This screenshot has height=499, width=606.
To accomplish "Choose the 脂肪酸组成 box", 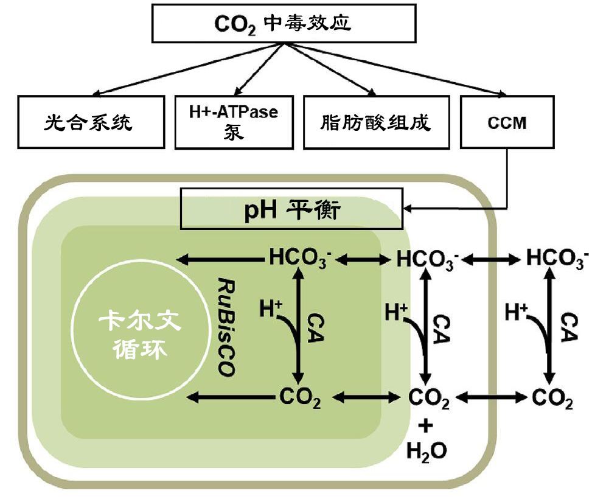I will pos(375,122).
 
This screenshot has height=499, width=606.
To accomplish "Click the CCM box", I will pos(507,122).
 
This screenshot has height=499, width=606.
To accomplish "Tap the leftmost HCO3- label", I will pos(299,259).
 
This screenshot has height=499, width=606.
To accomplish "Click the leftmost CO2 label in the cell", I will pos(299,399).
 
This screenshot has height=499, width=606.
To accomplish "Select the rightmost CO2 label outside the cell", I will pos(552,399).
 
